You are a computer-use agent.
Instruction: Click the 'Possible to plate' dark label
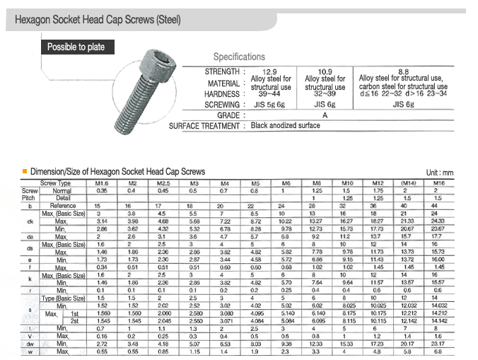[76, 47]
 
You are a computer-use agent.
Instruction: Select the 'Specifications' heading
[239, 57]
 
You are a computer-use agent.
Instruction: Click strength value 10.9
[325, 71]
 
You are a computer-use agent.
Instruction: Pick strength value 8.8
[404, 71]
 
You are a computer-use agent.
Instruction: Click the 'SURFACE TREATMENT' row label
[206, 126]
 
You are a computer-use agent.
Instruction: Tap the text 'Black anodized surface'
[285, 126]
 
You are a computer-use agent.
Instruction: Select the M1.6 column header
[101, 184]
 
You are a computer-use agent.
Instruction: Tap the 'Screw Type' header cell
[57, 184]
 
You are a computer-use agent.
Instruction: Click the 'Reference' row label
[62, 205]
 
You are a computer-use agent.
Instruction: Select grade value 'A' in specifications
[325, 115]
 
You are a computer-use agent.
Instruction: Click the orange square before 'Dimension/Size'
[25, 171]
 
